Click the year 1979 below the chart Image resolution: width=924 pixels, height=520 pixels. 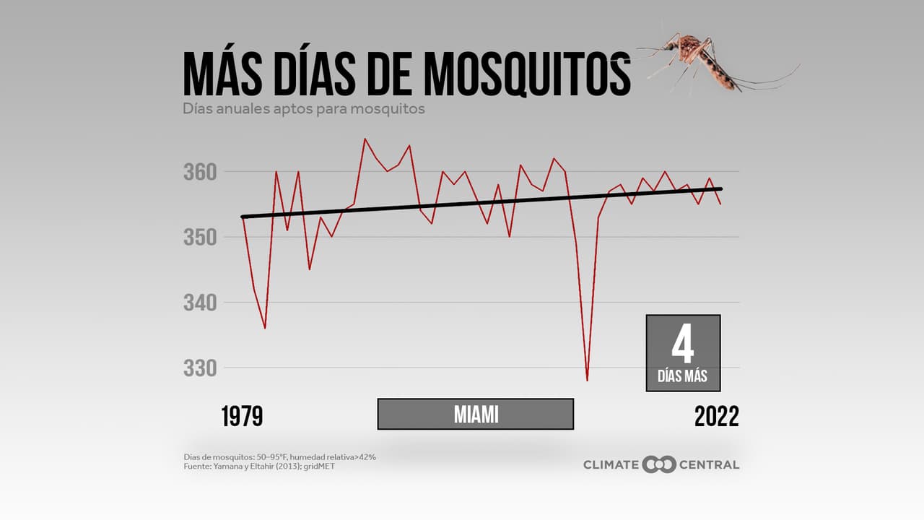pos(242,416)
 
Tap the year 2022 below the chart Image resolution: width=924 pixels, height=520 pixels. pos(716,416)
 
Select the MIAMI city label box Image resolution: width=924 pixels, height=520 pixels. pos(476,414)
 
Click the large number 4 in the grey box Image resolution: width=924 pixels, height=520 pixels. pos(682,345)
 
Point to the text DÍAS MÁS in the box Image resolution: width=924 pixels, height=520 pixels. pos(682,376)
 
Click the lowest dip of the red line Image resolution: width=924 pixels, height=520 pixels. pos(587,380)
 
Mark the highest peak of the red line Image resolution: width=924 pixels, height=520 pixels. pos(365,139)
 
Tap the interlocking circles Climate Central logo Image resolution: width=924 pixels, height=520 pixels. pos(659,464)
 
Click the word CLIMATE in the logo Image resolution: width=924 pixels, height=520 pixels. pos(611,464)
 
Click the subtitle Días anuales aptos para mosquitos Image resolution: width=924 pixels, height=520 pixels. pos(303,109)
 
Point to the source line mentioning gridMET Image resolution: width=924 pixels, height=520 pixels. pos(259,467)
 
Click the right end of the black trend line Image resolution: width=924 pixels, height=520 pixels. pos(721,189)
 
